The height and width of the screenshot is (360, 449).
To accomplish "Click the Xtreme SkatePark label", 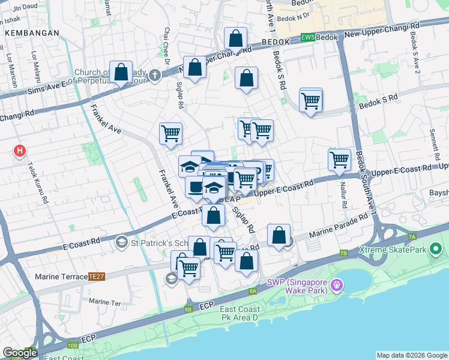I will tap(392, 249).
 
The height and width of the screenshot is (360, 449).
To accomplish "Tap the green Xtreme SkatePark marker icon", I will tap(436, 248).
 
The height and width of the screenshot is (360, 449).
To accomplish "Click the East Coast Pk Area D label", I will tap(238, 313).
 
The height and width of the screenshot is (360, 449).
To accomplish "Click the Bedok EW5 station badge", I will tap(307, 37).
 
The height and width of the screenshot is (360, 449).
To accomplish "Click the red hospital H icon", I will tap(20, 151).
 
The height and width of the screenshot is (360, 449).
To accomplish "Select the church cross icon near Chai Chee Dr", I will tap(155, 76).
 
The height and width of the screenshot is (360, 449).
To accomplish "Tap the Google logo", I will tap(20, 353).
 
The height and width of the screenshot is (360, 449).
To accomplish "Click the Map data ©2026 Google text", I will tap(412, 355).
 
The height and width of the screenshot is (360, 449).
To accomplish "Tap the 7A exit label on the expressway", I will tap(412, 237).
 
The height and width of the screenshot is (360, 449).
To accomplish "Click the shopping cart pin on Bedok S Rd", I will tap(310, 100).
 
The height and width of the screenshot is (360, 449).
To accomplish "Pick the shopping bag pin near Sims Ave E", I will tap(121, 73).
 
